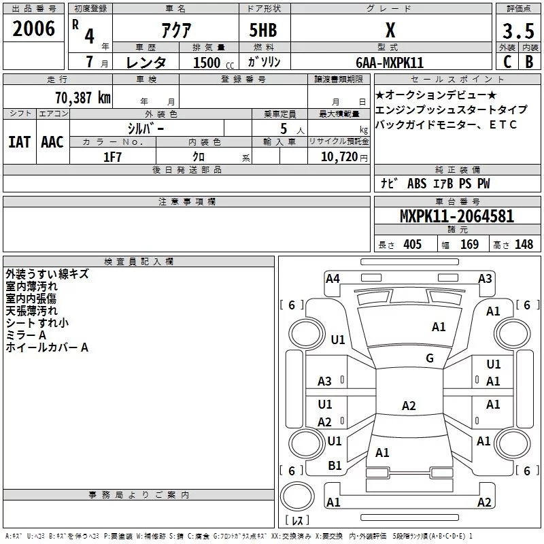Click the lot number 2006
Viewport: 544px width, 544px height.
coord(34,29)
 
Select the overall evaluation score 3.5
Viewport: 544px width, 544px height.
coord(517,31)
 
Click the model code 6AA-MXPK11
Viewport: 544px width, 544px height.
coord(390,63)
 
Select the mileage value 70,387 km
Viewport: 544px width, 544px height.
coord(82,97)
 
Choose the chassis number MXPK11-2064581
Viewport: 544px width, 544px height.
coord(456,217)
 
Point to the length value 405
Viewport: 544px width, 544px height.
coord(411,245)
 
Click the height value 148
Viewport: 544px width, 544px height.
coord(524,245)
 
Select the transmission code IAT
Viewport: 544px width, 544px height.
coord(19,142)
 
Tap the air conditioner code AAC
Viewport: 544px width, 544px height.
coord(52,142)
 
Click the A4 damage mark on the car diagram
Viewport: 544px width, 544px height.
coord(333,278)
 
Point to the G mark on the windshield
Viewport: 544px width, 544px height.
coord(430,358)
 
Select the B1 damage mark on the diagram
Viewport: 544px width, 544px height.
coord(335,465)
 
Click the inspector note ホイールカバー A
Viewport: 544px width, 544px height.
coord(47,347)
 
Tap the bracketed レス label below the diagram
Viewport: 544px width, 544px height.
coord(297,522)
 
